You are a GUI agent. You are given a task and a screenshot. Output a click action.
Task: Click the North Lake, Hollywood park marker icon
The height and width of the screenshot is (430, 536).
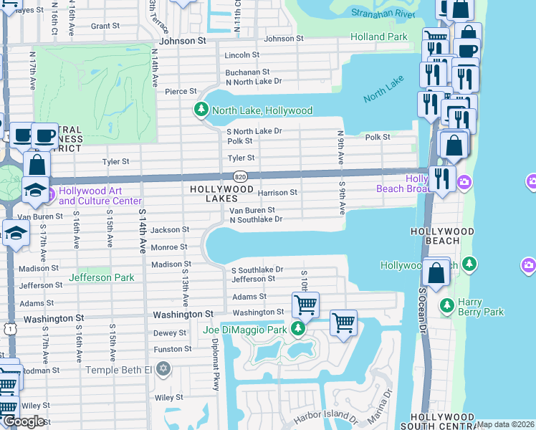coord(201,110)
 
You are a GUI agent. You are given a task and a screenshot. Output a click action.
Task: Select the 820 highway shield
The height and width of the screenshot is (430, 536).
coord(240,176)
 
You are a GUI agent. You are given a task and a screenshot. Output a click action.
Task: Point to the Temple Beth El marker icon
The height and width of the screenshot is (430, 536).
coord(163,369)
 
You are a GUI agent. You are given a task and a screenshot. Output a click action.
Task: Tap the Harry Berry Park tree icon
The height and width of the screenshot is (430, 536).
coord(446,306)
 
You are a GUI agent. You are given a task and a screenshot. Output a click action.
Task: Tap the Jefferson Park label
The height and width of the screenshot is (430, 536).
coord(101,277)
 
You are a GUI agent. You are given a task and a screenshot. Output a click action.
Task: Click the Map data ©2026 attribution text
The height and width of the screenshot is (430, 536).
coord(506,424)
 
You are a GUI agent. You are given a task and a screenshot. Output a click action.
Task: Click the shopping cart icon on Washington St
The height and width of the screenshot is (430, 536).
coord(306,305)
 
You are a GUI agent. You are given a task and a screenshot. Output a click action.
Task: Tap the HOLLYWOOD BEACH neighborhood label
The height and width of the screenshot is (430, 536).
coord(442,231)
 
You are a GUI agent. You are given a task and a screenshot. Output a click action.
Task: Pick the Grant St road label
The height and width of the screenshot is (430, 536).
coord(105,26)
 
